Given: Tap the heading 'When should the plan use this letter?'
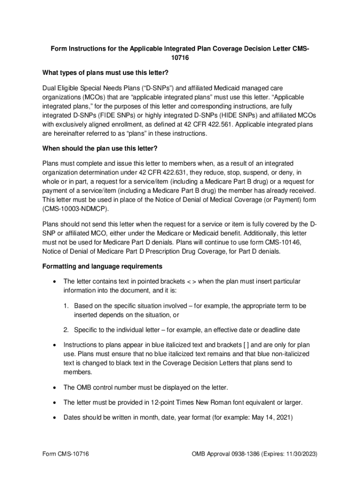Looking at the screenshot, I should [100, 148].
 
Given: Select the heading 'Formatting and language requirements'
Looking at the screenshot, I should [102, 266].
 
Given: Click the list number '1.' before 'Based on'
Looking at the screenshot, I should [67, 305].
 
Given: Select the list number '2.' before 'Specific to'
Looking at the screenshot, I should [67, 330].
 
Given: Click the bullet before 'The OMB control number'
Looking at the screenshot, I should [56, 388].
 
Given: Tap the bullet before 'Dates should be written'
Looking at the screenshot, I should [56, 420].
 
